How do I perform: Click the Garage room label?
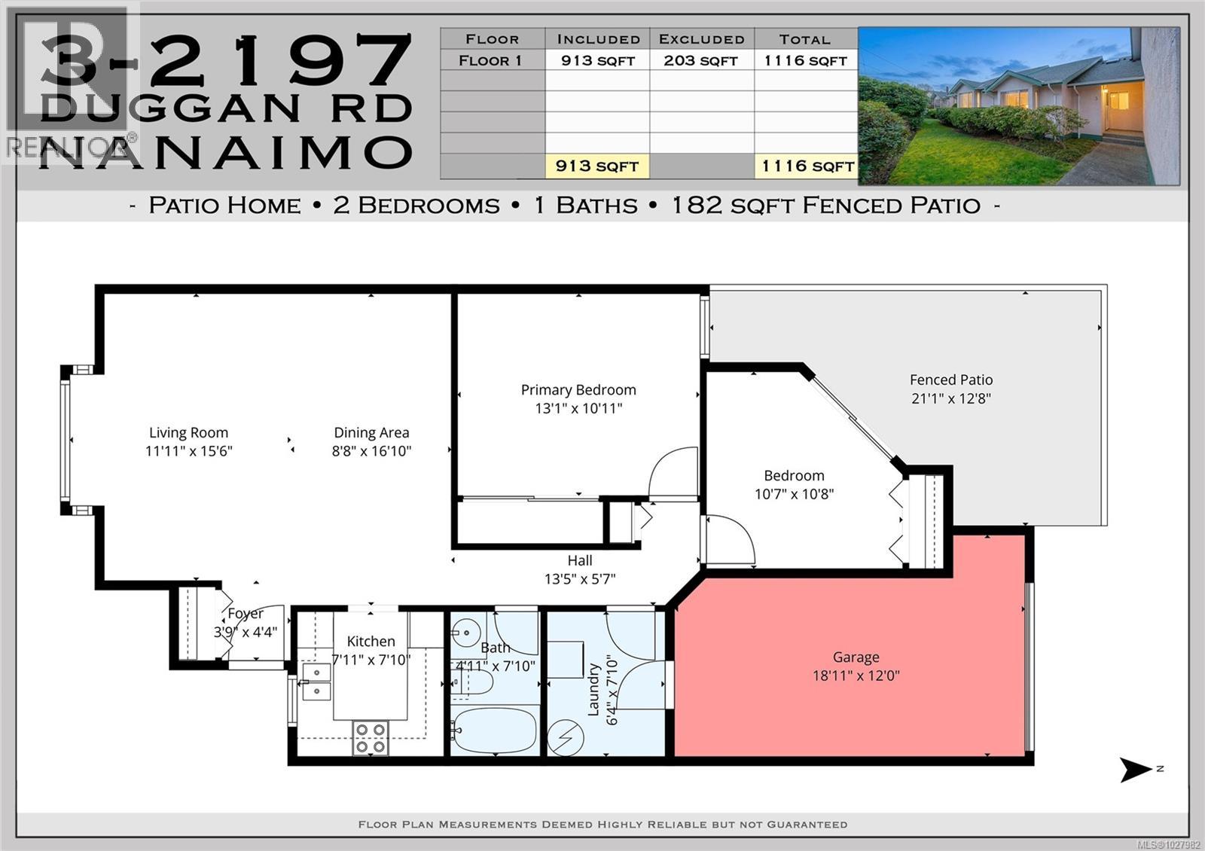tap(856, 657)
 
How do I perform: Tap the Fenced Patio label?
tap(950, 380)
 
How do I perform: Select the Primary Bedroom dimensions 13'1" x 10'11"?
tap(578, 409)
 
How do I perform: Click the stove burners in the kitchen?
tap(371, 738)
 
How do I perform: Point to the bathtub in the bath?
tap(495, 730)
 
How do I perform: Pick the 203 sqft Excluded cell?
tap(701, 60)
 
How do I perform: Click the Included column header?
tap(598, 39)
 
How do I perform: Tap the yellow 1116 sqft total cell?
tap(807, 166)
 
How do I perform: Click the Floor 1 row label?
tap(491, 60)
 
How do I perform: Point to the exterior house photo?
tap(1018, 106)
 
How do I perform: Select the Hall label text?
tap(579, 560)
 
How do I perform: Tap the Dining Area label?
tap(371, 432)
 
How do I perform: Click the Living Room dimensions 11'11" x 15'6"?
tap(188, 451)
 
